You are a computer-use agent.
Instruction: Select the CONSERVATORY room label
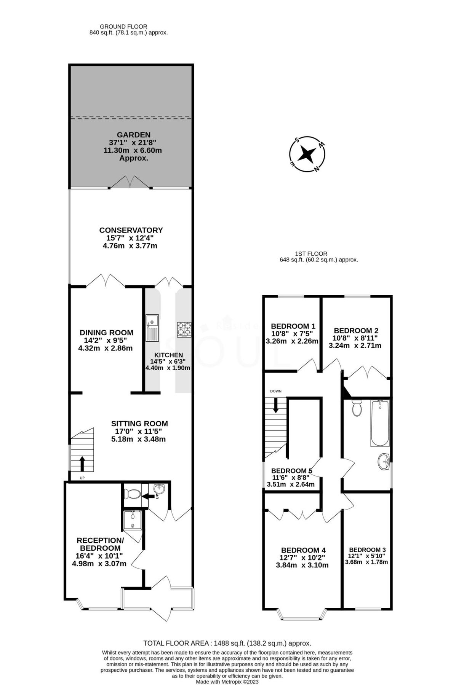pos(131,230)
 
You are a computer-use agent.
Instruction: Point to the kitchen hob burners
pos(184,329)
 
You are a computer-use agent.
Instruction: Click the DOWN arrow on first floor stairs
pos(275,405)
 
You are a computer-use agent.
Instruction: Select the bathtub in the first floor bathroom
pos(380,423)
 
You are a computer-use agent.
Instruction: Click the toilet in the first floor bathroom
pos(357,408)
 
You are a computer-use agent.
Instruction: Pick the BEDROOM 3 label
pos(367,550)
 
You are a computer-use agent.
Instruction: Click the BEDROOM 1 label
pos(293,326)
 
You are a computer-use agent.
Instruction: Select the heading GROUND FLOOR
pos(123,26)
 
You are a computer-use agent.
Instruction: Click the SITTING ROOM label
pos(139,424)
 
